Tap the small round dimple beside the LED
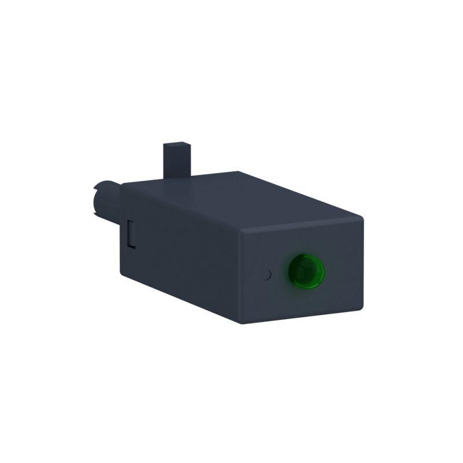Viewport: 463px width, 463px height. pos(267,274)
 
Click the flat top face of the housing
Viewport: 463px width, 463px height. pos(243,197)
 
